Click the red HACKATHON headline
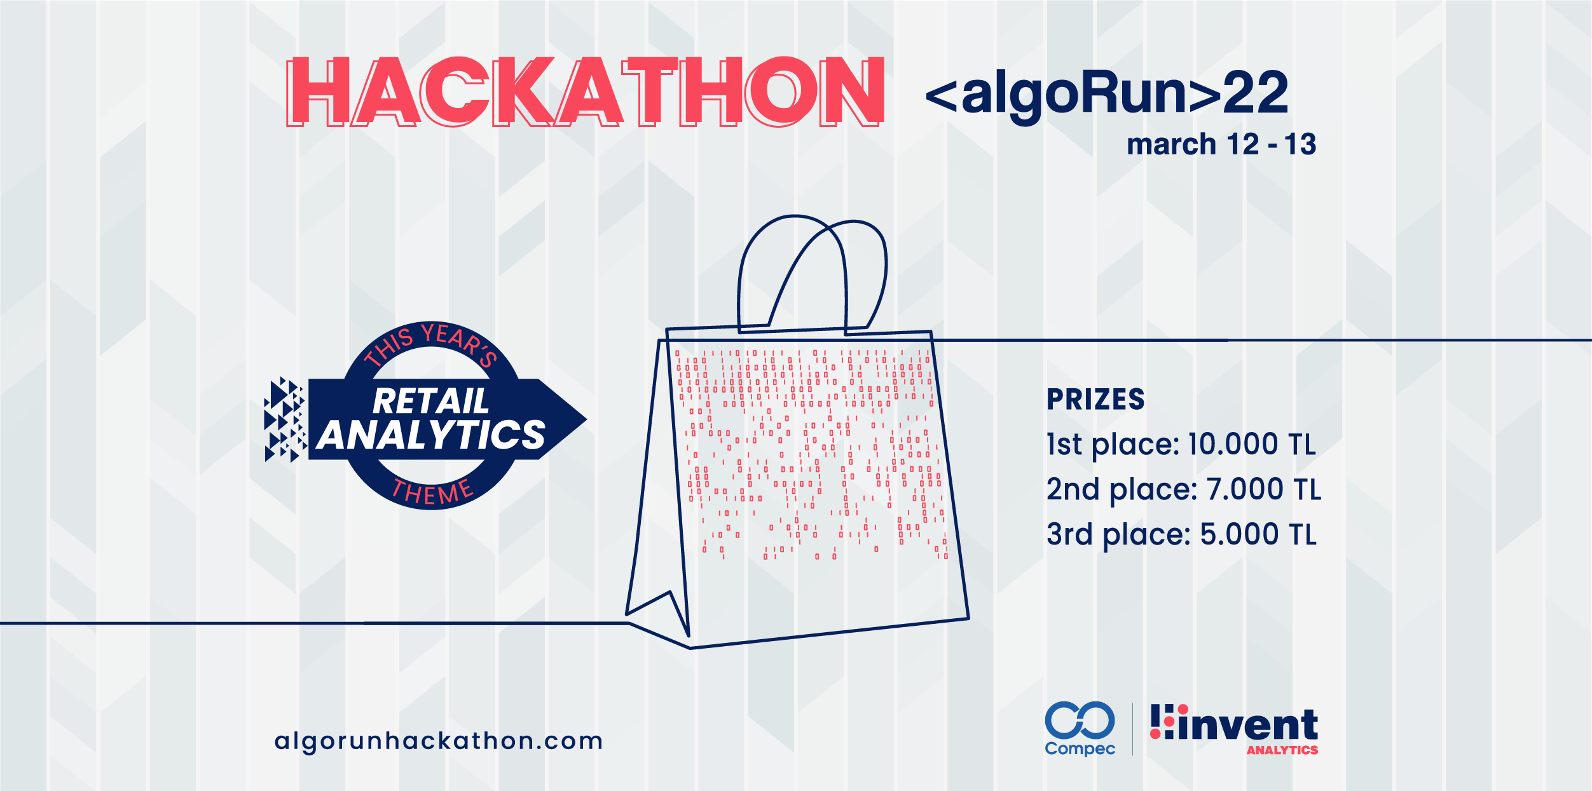(x=585, y=91)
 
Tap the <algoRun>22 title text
(x=1107, y=94)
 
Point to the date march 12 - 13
(x=1221, y=144)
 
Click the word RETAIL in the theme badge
(x=430, y=401)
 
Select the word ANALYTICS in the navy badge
(x=431, y=435)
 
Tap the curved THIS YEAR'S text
(x=430, y=345)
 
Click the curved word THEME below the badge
(x=432, y=492)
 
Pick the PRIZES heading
(x=1095, y=400)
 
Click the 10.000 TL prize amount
(x=1252, y=444)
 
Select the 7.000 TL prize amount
(x=1264, y=489)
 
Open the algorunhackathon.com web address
(x=439, y=741)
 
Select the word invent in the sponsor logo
(x=1247, y=724)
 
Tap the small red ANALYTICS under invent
(x=1282, y=750)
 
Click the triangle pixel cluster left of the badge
(x=284, y=419)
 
